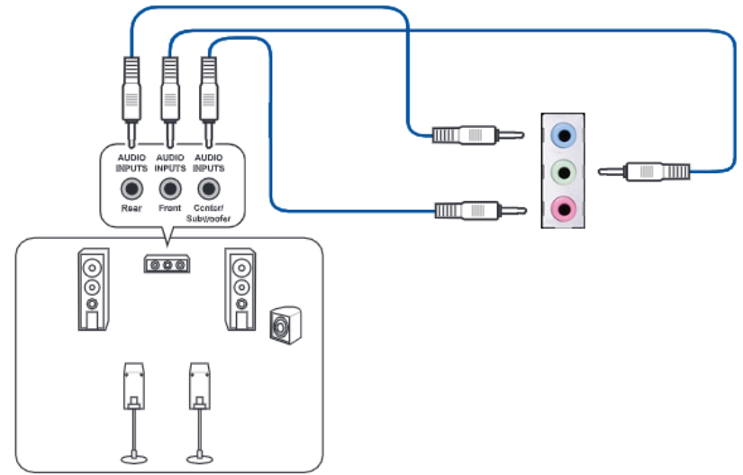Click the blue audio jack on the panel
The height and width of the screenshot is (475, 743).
(x=564, y=136)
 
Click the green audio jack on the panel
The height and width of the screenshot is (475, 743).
(x=564, y=171)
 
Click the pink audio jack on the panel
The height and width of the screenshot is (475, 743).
(x=564, y=210)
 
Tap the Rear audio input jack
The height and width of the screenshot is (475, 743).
(x=132, y=189)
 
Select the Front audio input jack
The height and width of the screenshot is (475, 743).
(x=170, y=189)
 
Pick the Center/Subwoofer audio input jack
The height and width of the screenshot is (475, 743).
(x=209, y=189)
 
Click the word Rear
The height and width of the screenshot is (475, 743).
(x=132, y=209)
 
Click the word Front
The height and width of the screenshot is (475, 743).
(x=170, y=209)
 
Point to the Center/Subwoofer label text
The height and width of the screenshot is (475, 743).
(x=209, y=214)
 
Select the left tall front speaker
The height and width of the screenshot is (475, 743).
(x=91, y=288)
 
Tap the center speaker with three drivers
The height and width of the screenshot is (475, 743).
(x=167, y=264)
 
